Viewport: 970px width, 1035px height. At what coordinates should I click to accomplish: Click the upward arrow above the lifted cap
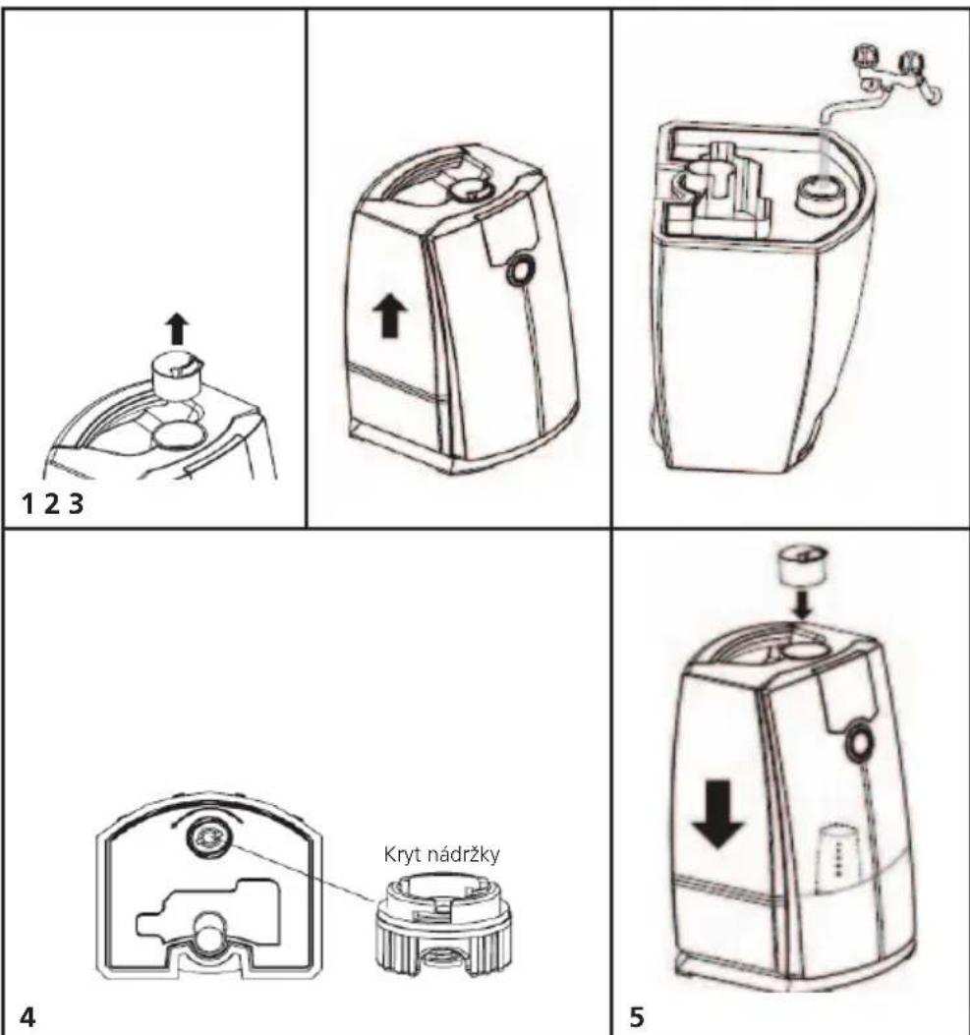pyautogui.click(x=176, y=328)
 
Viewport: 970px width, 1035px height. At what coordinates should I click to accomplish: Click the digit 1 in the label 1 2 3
pyautogui.click(x=28, y=505)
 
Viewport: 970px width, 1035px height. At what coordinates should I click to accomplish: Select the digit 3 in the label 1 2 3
pyautogui.click(x=77, y=505)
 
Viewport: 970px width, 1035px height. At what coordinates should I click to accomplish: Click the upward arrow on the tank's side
pyautogui.click(x=390, y=316)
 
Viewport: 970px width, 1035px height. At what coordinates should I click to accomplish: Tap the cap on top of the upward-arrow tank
pyautogui.click(x=470, y=188)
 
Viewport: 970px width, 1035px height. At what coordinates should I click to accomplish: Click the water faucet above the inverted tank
pyautogui.click(x=884, y=84)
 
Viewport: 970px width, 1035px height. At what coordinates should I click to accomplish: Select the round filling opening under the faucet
pyautogui.click(x=821, y=195)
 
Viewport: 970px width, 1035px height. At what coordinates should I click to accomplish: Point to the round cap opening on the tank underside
pyautogui.click(x=209, y=836)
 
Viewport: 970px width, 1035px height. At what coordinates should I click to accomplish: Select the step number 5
pyautogui.click(x=636, y=1015)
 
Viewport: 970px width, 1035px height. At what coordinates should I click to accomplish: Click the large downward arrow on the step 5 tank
pyautogui.click(x=718, y=814)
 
